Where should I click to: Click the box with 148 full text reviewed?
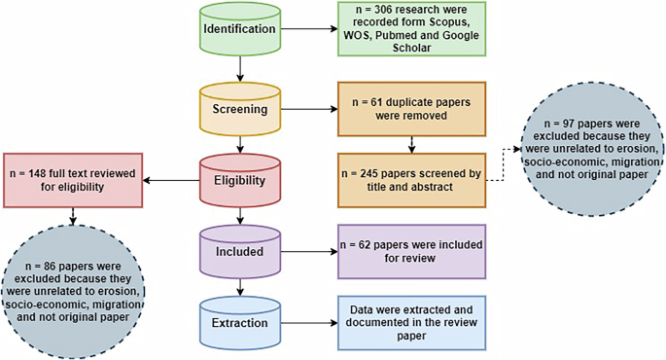73,179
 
